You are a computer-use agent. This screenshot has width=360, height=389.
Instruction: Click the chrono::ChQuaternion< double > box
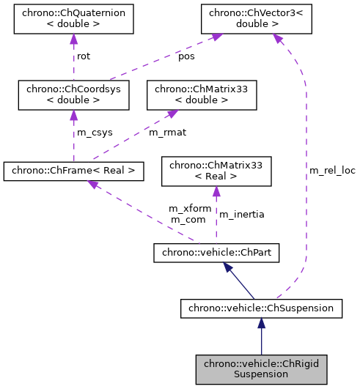click(74, 19)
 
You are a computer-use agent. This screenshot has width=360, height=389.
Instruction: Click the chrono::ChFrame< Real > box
click(73, 171)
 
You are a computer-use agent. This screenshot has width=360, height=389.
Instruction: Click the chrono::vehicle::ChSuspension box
click(261, 308)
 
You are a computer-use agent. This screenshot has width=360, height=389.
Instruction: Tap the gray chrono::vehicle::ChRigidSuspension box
click(262, 368)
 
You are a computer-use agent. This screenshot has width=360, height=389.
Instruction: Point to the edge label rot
click(84, 56)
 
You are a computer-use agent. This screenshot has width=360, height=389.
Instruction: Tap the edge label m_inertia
click(242, 214)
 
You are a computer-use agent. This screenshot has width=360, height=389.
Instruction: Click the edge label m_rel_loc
click(331, 170)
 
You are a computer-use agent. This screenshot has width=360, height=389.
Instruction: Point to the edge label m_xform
click(190, 208)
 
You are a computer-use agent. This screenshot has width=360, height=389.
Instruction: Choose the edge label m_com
click(187, 219)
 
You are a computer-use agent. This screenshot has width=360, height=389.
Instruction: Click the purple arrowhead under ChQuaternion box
click(73, 41)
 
